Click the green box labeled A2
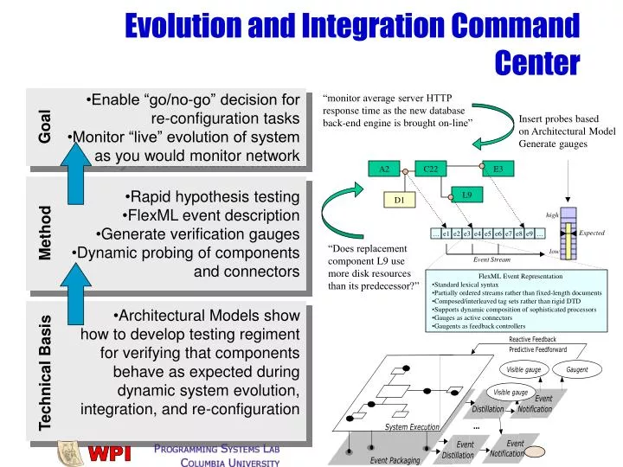coord(383,170)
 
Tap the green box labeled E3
coord(498,170)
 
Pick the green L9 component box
coord(466,195)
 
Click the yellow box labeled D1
coord(399,201)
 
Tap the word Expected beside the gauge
coord(592,233)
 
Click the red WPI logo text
coord(111,452)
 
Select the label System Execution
coord(413,427)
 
